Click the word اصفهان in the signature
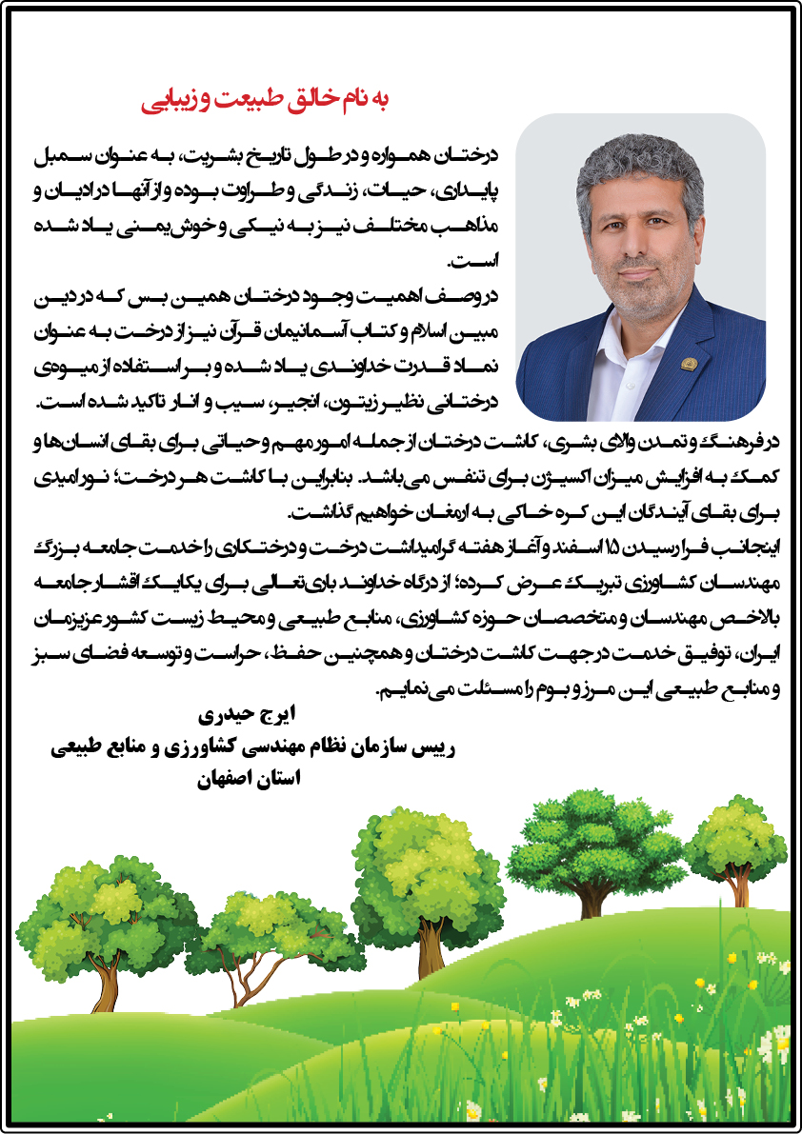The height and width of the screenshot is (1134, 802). click(226, 779)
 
